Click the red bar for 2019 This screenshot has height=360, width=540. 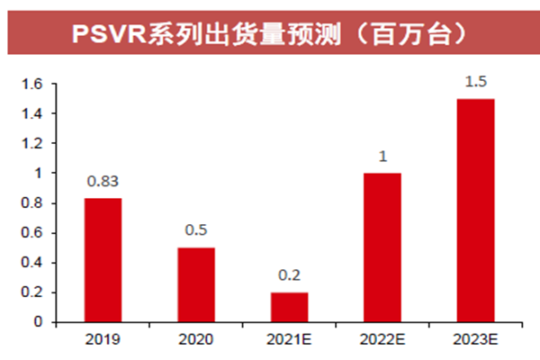tap(103, 260)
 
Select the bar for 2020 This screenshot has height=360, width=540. tap(195, 284)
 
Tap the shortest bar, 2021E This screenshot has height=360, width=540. tap(289, 307)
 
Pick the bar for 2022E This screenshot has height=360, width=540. tap(382, 247)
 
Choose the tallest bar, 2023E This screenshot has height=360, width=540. tap(475, 211)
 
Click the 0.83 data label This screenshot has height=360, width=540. tap(103, 183)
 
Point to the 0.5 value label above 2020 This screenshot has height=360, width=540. tap(195, 231)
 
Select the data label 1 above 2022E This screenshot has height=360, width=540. tap(382, 157)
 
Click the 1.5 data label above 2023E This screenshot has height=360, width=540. tap(475, 82)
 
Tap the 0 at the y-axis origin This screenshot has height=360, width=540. tap(39, 322)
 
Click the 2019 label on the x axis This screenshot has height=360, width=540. tap(103, 341)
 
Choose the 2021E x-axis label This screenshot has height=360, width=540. tap(289, 341)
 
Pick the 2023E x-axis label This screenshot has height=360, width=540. tap(475, 341)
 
